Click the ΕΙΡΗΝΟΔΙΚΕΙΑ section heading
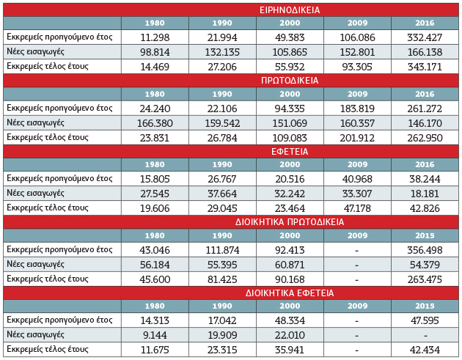290,10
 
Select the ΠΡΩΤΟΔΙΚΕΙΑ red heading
290,81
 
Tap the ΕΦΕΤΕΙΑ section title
290,152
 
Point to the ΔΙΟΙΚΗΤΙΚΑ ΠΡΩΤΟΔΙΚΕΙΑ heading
290,222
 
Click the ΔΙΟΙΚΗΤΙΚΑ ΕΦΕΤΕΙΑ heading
290,293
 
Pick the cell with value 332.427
425,37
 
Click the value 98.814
155,52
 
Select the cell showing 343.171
425,67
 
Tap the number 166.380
155,123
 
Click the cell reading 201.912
357,138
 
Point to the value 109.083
290,138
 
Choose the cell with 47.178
357,208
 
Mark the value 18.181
425,194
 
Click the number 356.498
425,250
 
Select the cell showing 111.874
222,250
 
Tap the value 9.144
155,335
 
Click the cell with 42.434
425,350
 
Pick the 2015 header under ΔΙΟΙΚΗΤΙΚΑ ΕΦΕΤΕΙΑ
425,306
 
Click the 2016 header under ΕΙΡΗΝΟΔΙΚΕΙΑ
425,23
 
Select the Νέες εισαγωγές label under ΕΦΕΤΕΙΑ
35,193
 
